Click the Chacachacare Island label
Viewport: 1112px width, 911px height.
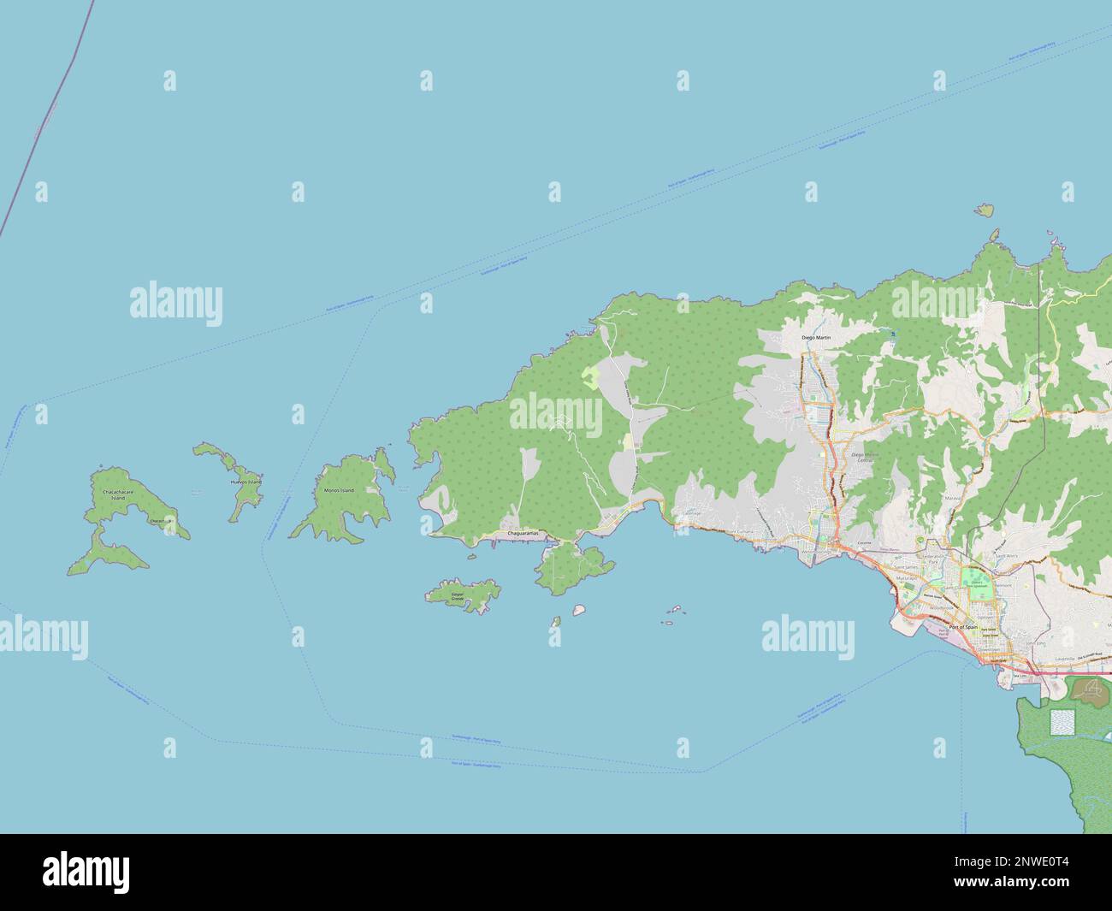pyautogui.click(x=118, y=495)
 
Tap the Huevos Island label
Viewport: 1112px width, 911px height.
pyautogui.click(x=246, y=482)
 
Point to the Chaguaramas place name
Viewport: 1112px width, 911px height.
pyautogui.click(x=523, y=533)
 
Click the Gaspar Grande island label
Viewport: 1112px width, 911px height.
pyautogui.click(x=457, y=596)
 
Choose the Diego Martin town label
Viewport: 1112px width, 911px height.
pyautogui.click(x=816, y=339)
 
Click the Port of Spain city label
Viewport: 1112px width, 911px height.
pyautogui.click(x=962, y=627)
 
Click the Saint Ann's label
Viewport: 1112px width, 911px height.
pyautogui.click(x=1006, y=556)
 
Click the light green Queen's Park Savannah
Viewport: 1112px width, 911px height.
pyautogui.click(x=978, y=586)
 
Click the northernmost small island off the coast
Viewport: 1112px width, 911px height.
pyautogui.click(x=985, y=209)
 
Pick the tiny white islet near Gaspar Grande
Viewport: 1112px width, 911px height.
pyautogui.click(x=578, y=610)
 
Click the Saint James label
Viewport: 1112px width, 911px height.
pyautogui.click(x=907, y=566)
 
